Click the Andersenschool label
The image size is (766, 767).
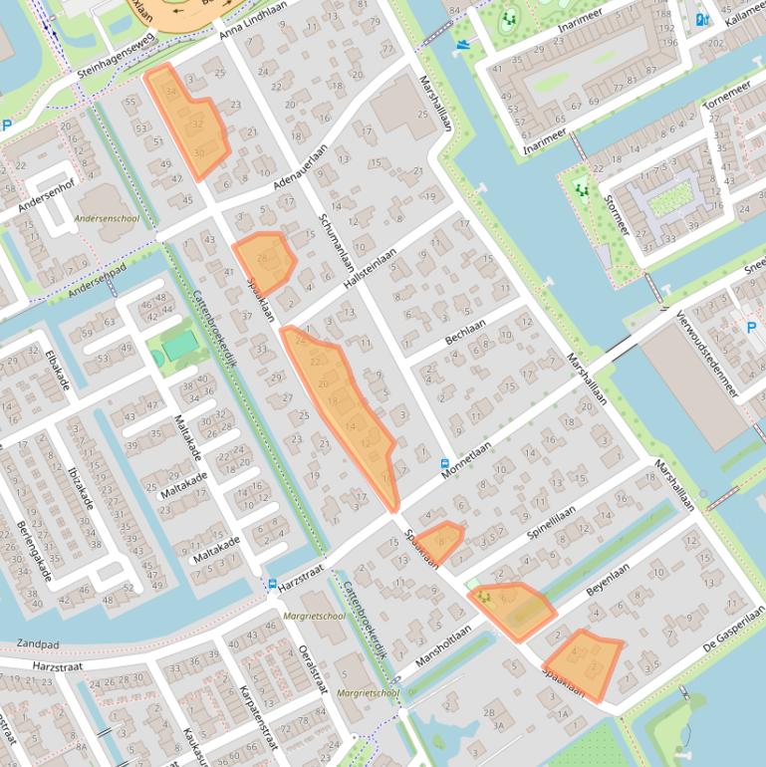click(x=107, y=217)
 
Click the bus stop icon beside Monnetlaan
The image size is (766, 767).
click(x=444, y=463)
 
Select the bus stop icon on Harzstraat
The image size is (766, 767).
click(x=272, y=583)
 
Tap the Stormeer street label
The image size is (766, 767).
click(x=617, y=214)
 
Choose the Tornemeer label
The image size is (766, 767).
click(x=726, y=96)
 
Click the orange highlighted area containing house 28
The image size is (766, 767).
click(x=264, y=259)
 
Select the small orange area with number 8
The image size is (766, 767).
click(x=440, y=541)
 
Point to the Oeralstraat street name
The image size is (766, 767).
click(x=313, y=668)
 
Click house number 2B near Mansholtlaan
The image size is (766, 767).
click(x=487, y=712)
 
